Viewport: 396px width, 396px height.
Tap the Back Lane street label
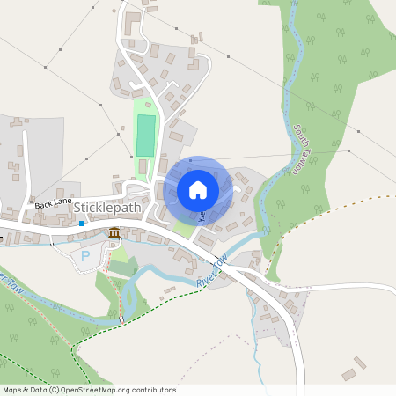coord(53,202)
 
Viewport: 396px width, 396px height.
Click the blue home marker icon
coord(198,190)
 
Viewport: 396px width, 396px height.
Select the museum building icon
coord(114,232)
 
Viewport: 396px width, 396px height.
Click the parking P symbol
coord(85,256)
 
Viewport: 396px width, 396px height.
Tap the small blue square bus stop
coord(82,224)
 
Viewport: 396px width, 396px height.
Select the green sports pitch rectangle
coord(145,136)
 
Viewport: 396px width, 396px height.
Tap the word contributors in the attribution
coord(152,390)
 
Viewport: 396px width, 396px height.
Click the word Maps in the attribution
coord(12,390)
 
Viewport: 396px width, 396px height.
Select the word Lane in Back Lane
coord(62,202)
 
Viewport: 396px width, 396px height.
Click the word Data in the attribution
coord(39,390)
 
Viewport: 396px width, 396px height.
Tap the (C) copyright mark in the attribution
coord(55,390)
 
